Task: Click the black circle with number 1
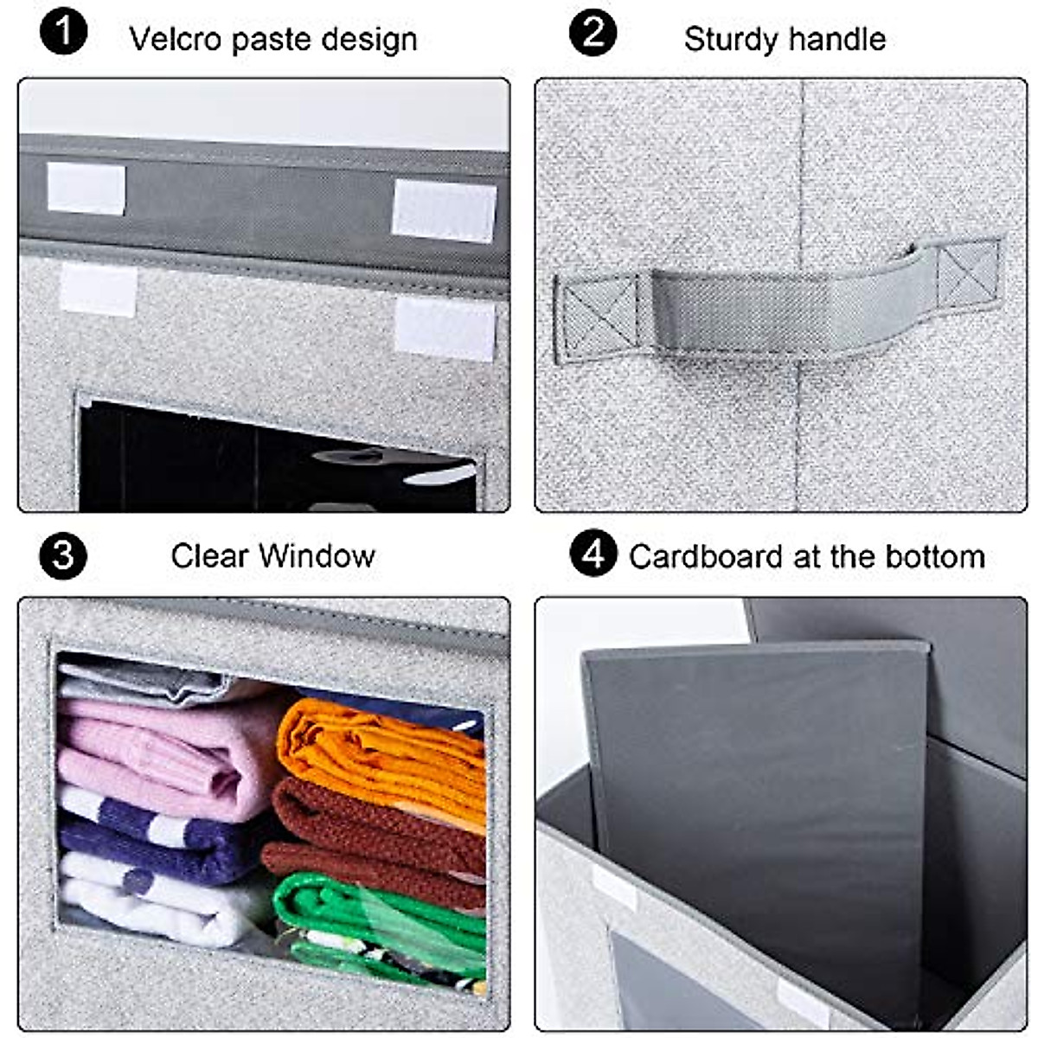click(63, 35)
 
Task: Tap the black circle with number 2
click(593, 35)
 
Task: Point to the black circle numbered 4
click(593, 554)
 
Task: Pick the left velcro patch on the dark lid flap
click(86, 188)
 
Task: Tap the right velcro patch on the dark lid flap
click(444, 210)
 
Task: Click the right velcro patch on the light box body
click(445, 330)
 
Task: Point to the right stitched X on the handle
click(968, 272)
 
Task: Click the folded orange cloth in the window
click(381, 753)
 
